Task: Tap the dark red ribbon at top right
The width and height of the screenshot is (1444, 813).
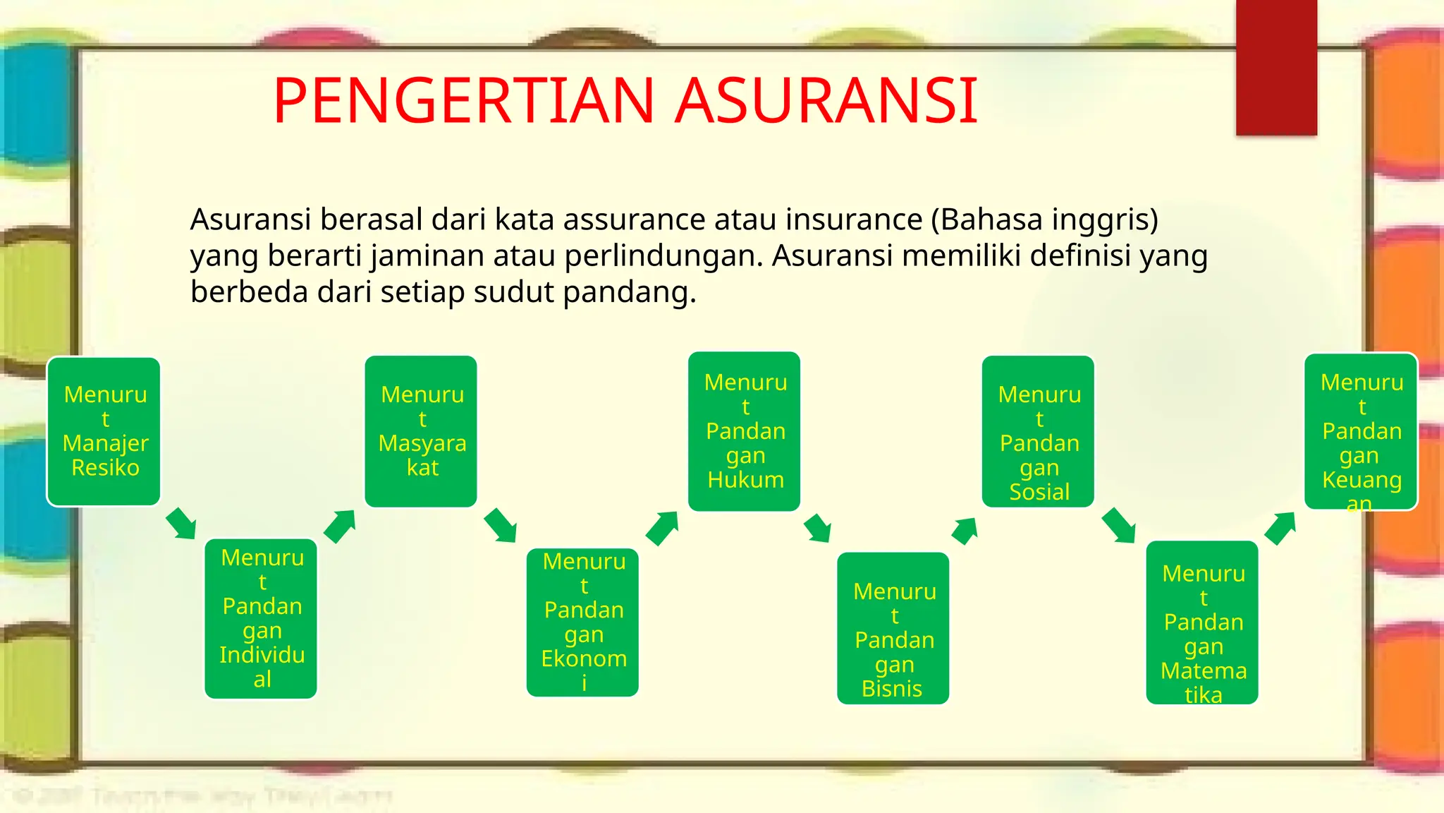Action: point(1276,67)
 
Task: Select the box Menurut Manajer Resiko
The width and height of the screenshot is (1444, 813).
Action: point(104,431)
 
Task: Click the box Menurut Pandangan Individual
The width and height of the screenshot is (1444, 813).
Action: point(261,618)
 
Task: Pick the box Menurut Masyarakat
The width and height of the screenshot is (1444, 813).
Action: point(421,431)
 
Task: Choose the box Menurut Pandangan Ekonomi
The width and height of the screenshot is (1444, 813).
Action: point(582,622)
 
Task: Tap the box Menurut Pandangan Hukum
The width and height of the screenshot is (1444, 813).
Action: point(745,431)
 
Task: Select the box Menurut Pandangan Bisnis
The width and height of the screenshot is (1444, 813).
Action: point(893,627)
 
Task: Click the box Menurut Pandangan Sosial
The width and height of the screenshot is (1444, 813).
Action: point(1039,431)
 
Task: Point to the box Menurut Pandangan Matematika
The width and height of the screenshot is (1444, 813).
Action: point(1202,622)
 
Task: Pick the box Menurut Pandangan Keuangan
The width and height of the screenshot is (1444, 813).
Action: point(1361,431)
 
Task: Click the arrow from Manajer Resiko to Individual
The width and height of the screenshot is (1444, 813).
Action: point(181,524)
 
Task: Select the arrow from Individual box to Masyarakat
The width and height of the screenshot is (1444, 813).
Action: point(339,526)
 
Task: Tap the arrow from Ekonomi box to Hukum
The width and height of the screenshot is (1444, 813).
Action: point(661,528)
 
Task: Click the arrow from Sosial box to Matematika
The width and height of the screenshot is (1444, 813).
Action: point(1118,525)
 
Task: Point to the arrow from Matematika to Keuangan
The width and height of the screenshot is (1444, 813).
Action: point(1280,528)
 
